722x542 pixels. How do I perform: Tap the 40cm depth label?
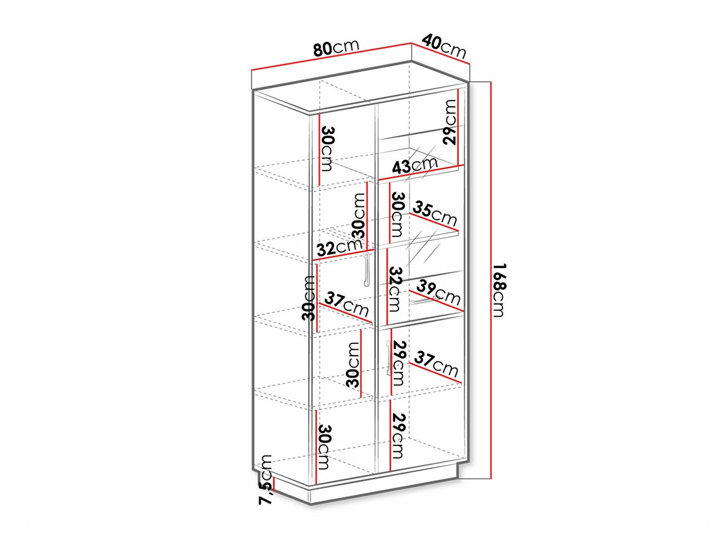click(x=443, y=45)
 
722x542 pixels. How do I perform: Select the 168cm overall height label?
click(x=498, y=291)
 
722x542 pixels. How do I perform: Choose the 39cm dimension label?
click(x=438, y=292)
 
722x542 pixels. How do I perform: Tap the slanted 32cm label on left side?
click(x=339, y=247)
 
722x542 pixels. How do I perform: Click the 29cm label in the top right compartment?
click(x=450, y=122)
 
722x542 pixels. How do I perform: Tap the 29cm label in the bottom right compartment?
click(x=399, y=437)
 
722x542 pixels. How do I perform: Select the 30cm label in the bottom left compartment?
click(x=324, y=447)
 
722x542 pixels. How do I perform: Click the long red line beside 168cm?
click(x=490, y=280)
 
